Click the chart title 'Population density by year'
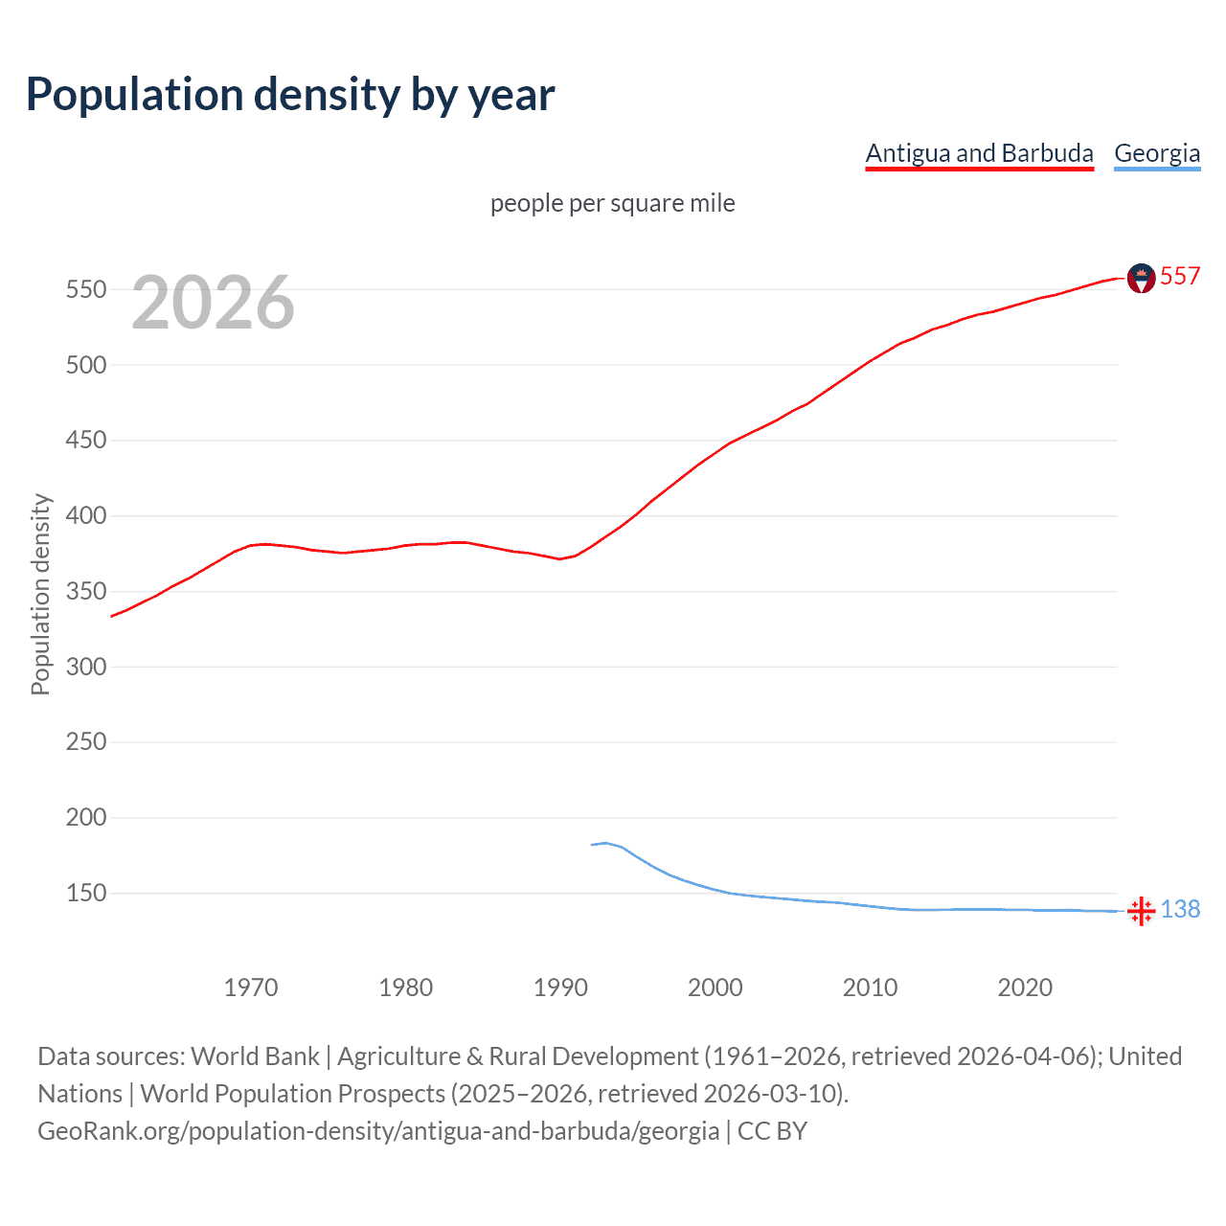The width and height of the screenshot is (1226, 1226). pos(290,95)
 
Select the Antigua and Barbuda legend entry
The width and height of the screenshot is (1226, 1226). pos(979,153)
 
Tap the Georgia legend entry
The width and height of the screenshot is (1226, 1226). pos(1157,153)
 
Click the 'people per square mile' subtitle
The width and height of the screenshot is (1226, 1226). pos(612,204)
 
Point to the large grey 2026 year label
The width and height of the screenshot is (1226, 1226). pos(213,303)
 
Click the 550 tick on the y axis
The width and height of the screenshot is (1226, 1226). pos(85,289)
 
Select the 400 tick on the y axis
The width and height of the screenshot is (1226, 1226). pos(85,516)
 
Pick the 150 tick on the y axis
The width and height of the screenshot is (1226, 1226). pos(85,894)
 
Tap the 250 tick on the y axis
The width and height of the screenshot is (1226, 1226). pos(85,742)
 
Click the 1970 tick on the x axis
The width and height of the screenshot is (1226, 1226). pos(251,988)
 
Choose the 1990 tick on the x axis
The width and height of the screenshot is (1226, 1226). pos(560,988)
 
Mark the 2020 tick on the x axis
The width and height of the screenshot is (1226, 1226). pos(1025,988)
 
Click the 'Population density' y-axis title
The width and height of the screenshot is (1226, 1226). pos(40,594)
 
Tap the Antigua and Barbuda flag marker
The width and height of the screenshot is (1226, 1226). pos(1141,278)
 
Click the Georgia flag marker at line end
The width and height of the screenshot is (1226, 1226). pos(1141,911)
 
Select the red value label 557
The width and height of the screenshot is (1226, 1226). pos(1180,277)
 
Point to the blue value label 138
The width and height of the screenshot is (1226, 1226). pos(1180,910)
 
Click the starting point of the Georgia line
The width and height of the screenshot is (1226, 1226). pos(592,845)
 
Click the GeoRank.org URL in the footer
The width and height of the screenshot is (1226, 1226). pos(378,1131)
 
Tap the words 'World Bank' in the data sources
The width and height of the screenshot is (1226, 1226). pos(255,1056)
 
